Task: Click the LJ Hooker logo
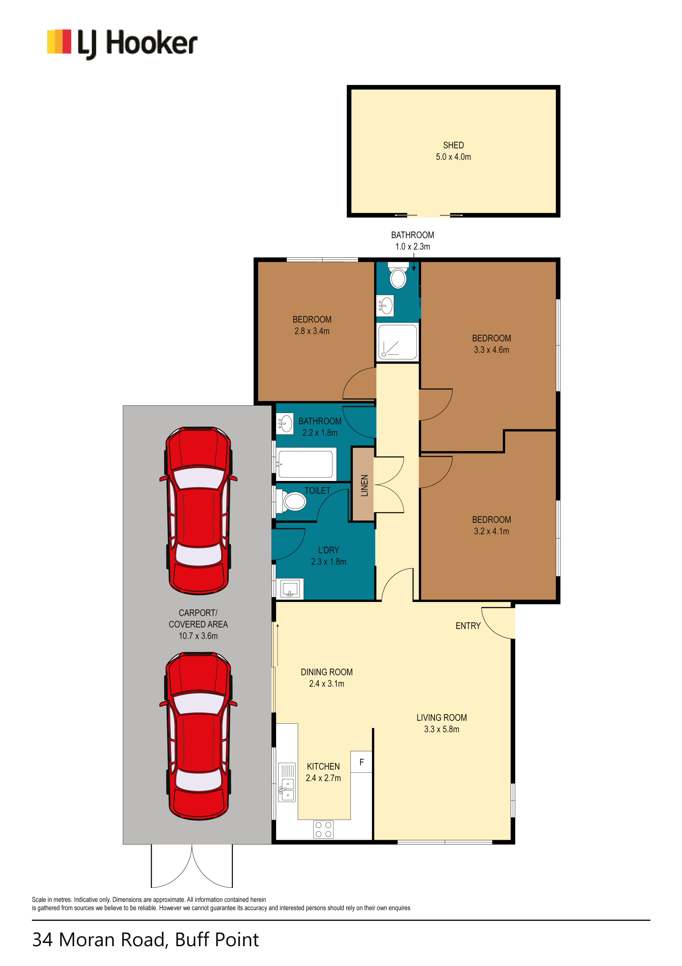pos(122,44)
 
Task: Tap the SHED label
pos(453,145)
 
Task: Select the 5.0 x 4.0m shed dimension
pos(453,157)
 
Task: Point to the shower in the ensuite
pos(397,342)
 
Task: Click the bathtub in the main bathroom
pos(306,464)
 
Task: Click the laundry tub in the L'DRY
pos(290,588)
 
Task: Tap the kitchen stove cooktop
pos(323,829)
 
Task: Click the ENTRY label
pos(468,626)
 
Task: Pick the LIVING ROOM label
pos(442,717)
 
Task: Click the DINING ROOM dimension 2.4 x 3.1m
pos(327,684)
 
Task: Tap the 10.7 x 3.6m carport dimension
pos(198,636)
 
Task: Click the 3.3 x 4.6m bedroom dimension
pos(491,350)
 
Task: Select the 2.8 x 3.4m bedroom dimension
pos(312,331)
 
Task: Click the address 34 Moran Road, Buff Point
pos(146,940)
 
